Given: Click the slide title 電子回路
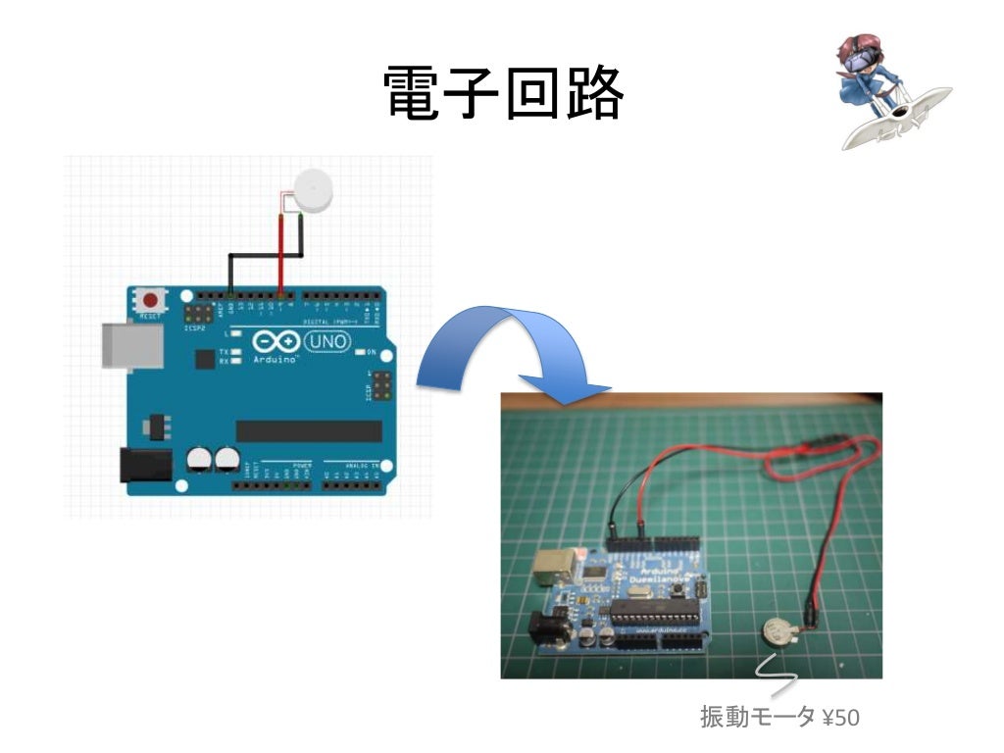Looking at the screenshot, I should click(502, 95).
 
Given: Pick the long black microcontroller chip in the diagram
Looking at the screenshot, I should click(309, 431).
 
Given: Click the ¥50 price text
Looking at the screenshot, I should click(841, 718).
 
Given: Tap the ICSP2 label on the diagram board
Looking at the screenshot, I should click(195, 326).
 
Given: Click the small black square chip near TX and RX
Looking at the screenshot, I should click(205, 360).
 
